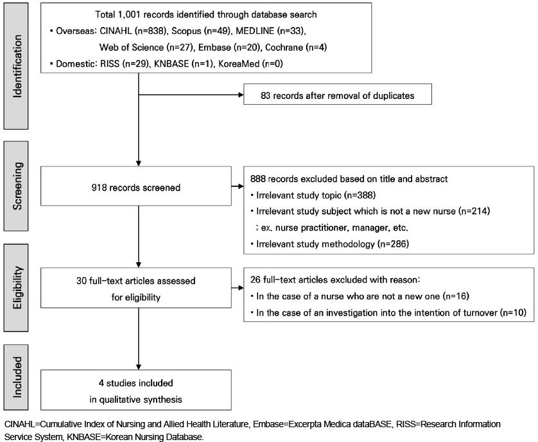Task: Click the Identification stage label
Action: coord(16,66)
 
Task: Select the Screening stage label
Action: coord(16,186)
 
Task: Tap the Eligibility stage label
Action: coord(16,288)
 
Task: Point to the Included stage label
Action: coord(16,377)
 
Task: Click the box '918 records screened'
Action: coord(136,186)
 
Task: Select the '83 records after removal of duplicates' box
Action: coord(338,94)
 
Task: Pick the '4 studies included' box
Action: coord(136,390)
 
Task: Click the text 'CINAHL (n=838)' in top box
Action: coord(133,31)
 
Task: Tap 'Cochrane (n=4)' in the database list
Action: coord(296,47)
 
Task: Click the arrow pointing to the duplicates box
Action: coord(191,94)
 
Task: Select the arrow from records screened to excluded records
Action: coord(238,186)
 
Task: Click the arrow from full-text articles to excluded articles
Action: coord(238,288)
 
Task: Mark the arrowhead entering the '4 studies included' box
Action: coord(139,367)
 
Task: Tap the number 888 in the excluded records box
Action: coord(257,179)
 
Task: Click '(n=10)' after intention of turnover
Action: coord(513,312)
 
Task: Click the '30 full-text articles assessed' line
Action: coord(136,281)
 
